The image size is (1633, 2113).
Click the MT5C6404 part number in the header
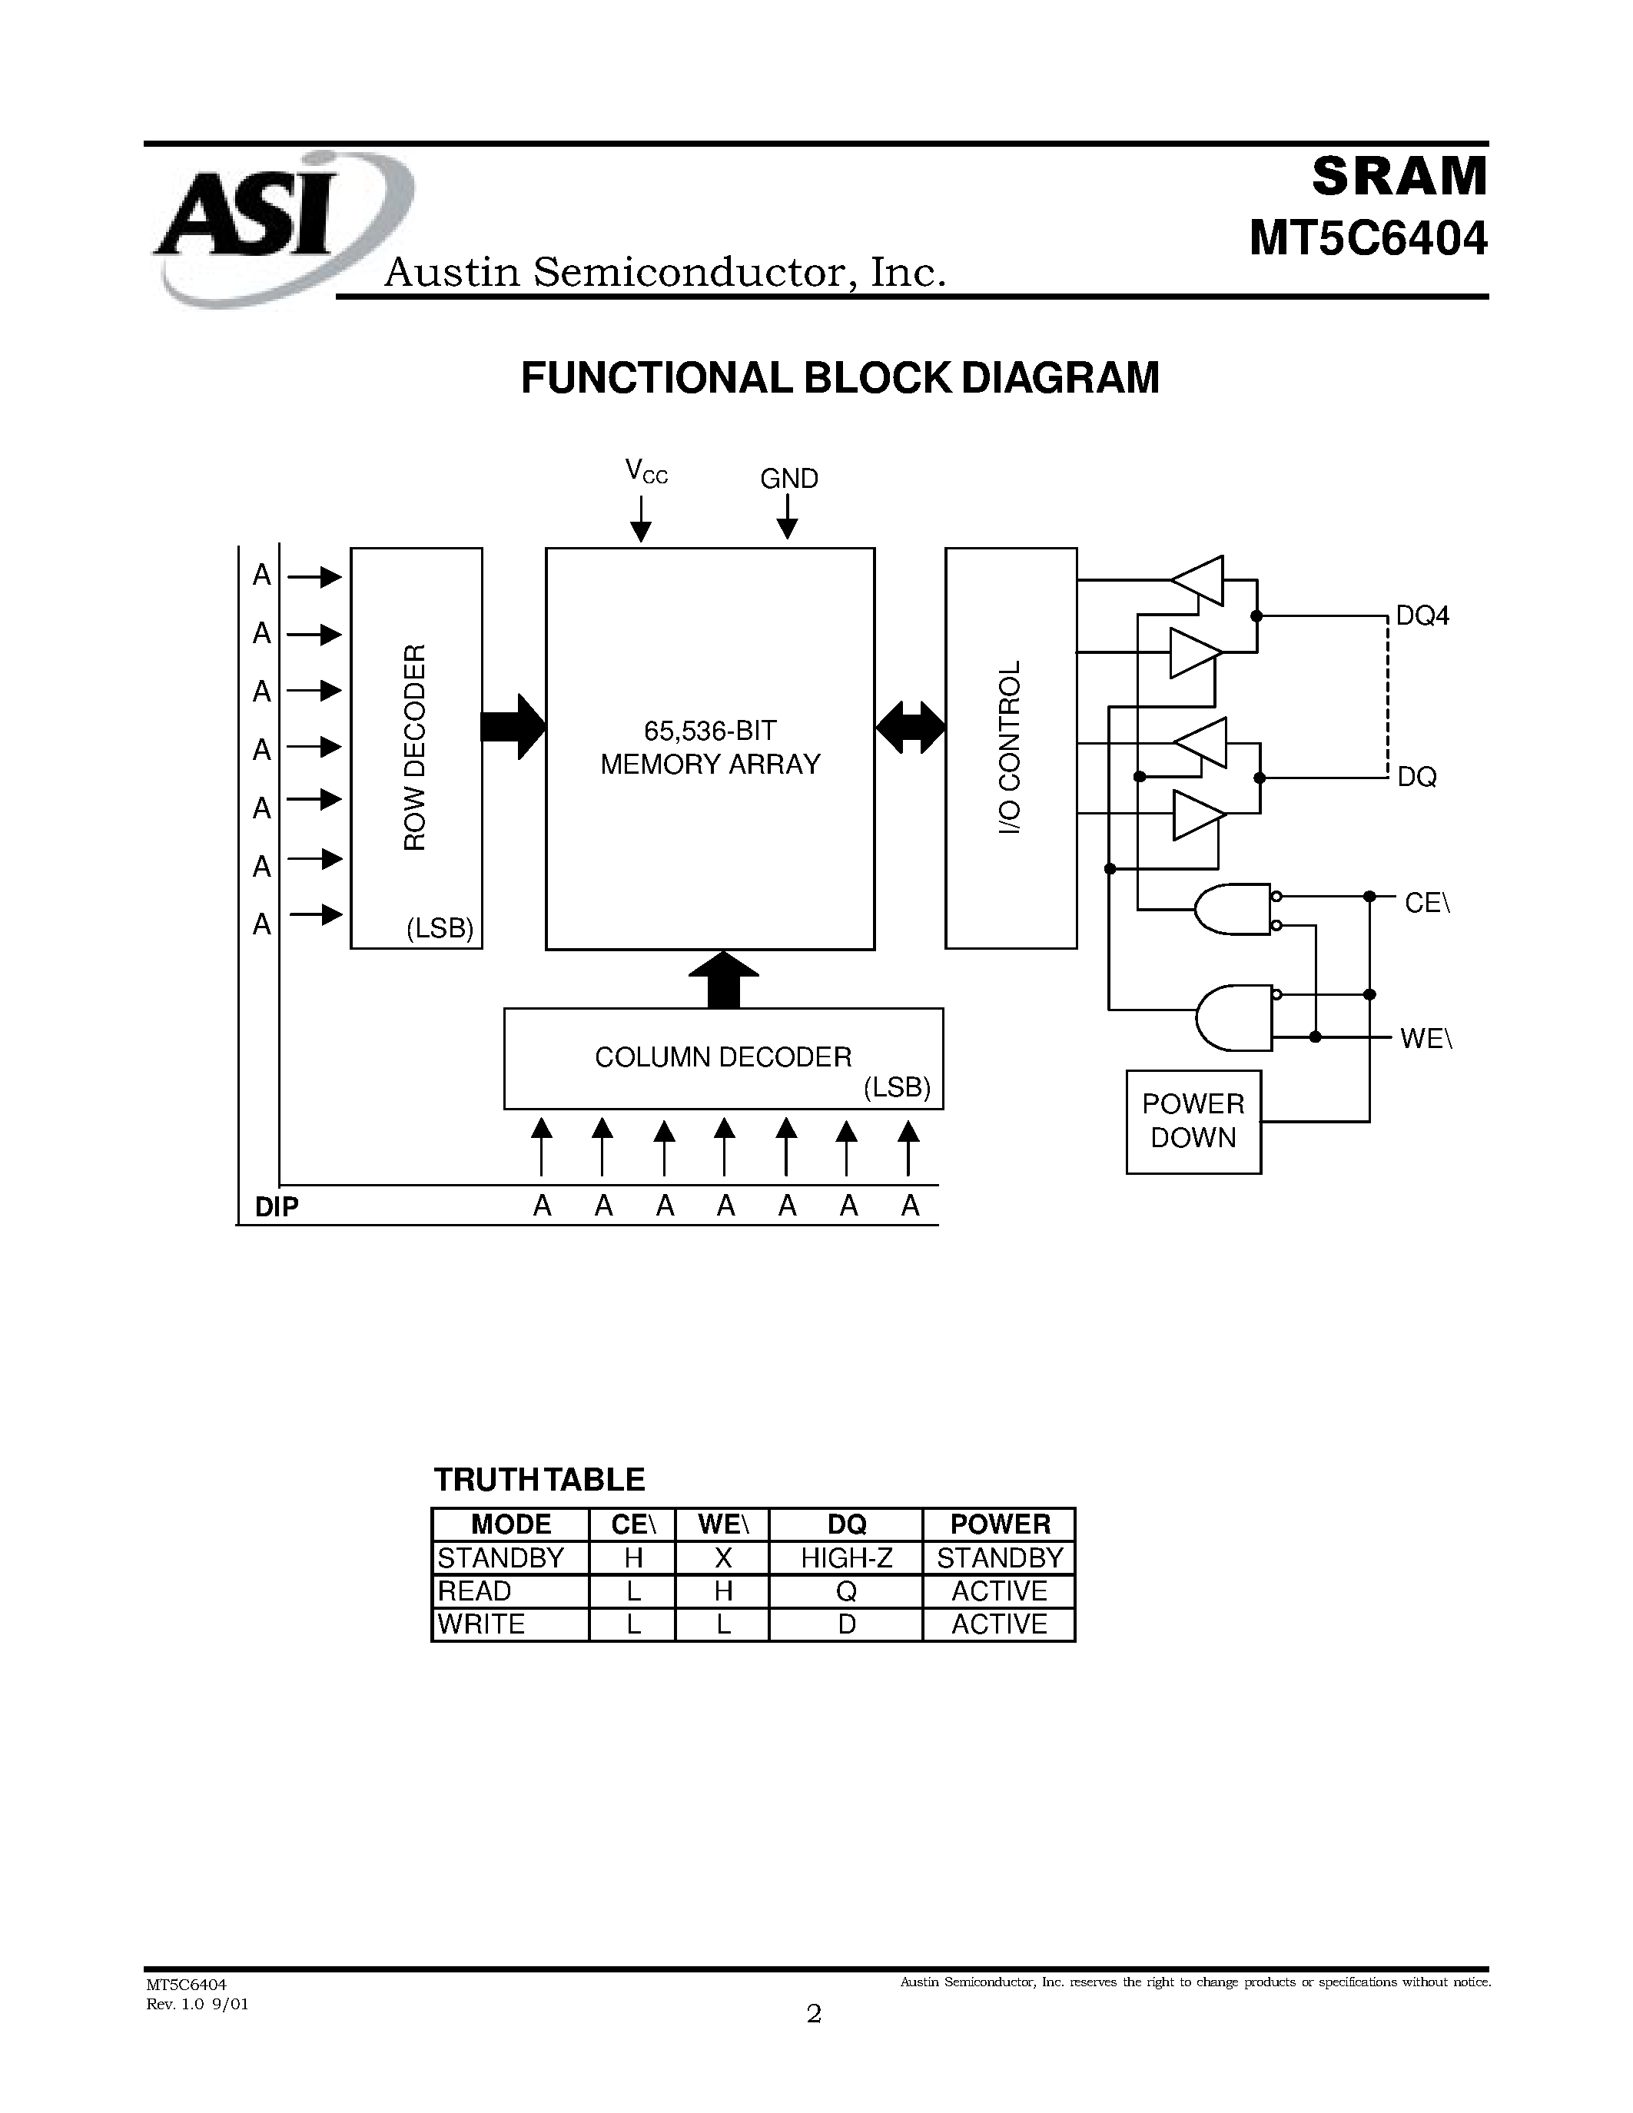[x=1367, y=239]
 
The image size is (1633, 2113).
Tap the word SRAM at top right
[x=1399, y=176]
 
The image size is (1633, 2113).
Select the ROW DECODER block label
[x=415, y=747]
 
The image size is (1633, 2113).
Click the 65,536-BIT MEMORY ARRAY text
[x=710, y=747]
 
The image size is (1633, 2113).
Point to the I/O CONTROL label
[x=1010, y=747]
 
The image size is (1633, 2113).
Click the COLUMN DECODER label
[x=722, y=1056]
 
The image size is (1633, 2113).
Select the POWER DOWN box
[x=1193, y=1120]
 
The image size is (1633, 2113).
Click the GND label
[x=788, y=478]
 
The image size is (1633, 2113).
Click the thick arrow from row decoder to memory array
[x=513, y=725]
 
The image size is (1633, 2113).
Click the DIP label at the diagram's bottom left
[x=276, y=1206]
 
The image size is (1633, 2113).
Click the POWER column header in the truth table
[x=999, y=1524]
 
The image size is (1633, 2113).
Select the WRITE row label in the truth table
[x=481, y=1624]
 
